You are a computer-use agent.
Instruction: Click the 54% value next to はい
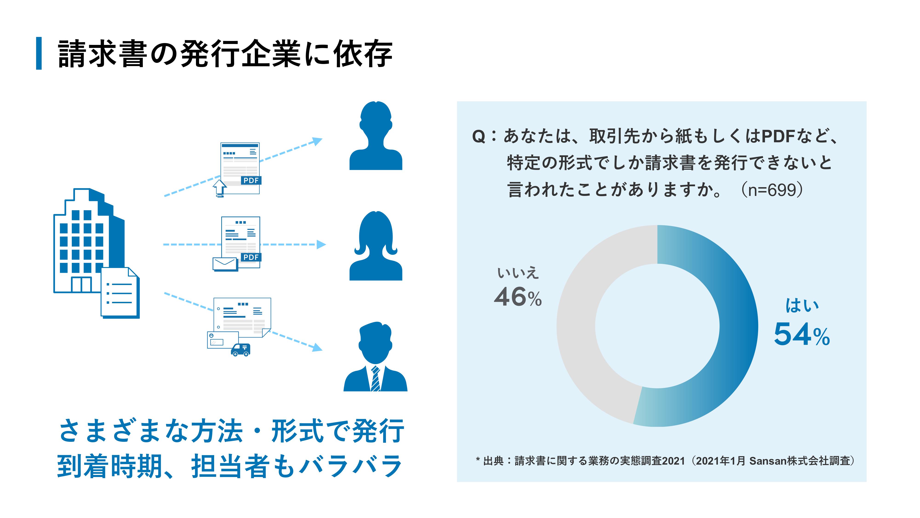pyautogui.click(x=802, y=334)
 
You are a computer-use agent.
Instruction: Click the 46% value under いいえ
pyautogui.click(x=518, y=297)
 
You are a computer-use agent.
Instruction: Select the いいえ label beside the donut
pyautogui.click(x=518, y=273)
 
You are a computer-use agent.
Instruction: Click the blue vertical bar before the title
pyautogui.click(x=39, y=53)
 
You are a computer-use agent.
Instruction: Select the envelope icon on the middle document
pyautogui.click(x=225, y=264)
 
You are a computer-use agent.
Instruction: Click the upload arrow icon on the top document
pyautogui.click(x=219, y=188)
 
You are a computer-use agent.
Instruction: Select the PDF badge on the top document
pyautogui.click(x=251, y=180)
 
